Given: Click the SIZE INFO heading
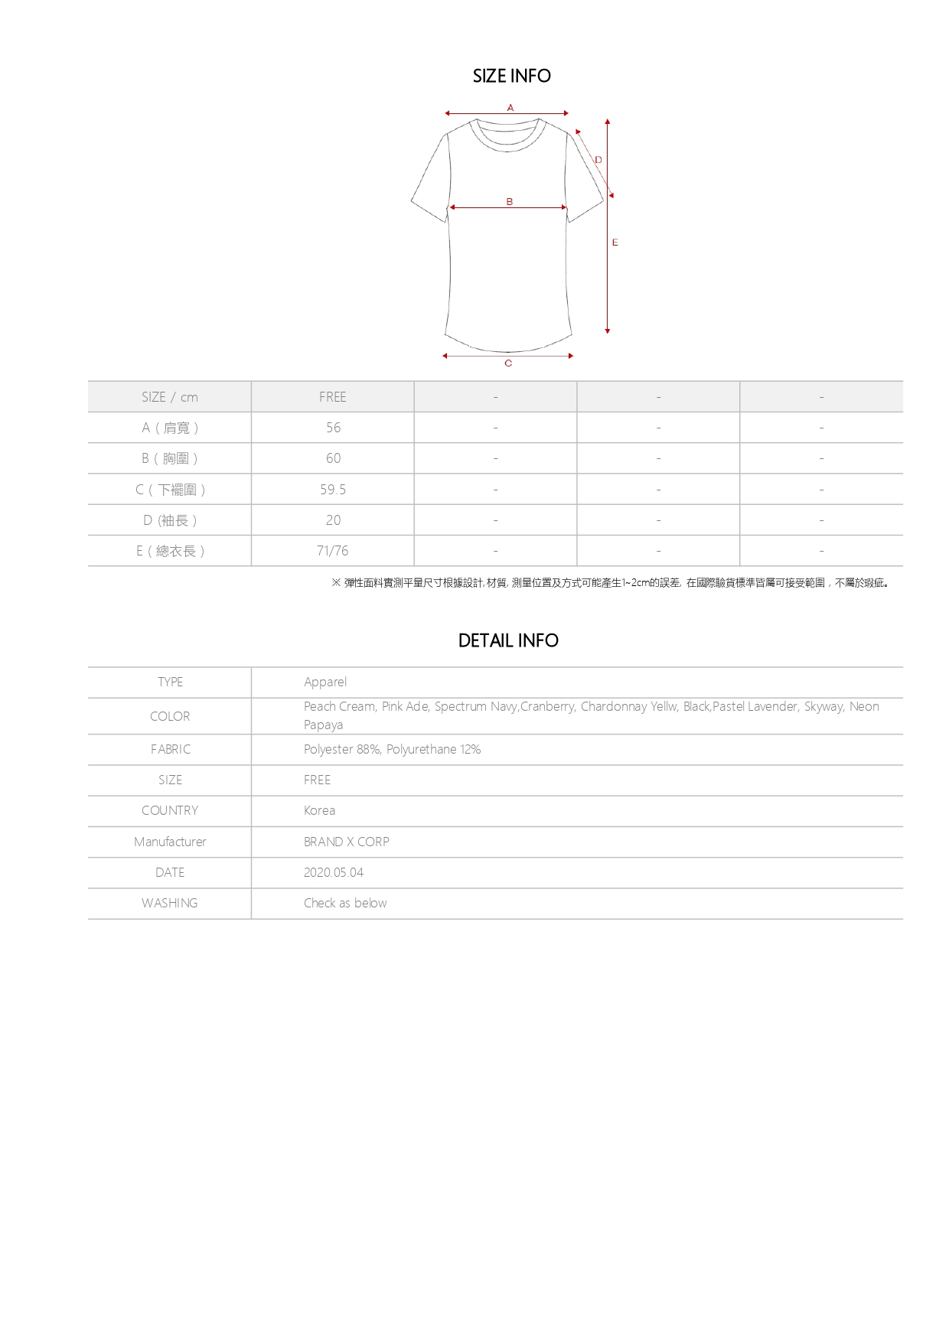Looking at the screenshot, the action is click(511, 76).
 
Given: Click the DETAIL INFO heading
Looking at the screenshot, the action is click(508, 640).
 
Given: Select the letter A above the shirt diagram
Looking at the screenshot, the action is click(510, 108).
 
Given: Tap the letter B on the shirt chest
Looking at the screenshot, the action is click(510, 202).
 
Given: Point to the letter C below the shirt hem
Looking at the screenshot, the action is click(508, 363).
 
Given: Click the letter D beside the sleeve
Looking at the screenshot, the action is click(598, 160).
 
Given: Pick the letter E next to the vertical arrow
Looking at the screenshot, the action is click(615, 243).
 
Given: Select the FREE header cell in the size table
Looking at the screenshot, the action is click(333, 397).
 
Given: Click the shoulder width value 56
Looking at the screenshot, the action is click(334, 428).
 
